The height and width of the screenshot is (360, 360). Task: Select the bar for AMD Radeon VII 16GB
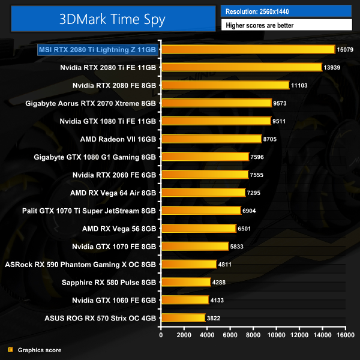[211, 139]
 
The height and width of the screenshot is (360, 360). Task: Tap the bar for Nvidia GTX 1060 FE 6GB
[185, 300]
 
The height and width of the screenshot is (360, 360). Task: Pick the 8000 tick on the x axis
[253, 335]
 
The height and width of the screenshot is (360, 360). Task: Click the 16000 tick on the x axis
[345, 335]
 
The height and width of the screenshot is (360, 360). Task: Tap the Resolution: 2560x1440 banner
[286, 11]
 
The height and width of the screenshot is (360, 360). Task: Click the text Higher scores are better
[286, 25]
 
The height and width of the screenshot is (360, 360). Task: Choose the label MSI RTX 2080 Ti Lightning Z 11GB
[97, 50]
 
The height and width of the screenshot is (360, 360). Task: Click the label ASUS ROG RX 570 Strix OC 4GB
[100, 318]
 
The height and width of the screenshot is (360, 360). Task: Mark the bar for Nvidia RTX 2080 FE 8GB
[225, 85]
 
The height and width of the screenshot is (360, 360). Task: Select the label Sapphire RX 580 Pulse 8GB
[109, 282]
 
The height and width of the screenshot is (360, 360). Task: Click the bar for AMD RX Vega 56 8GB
[199, 228]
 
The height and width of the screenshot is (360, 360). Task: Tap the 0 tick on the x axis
[161, 335]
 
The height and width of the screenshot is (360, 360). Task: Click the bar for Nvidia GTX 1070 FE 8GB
[195, 246]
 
